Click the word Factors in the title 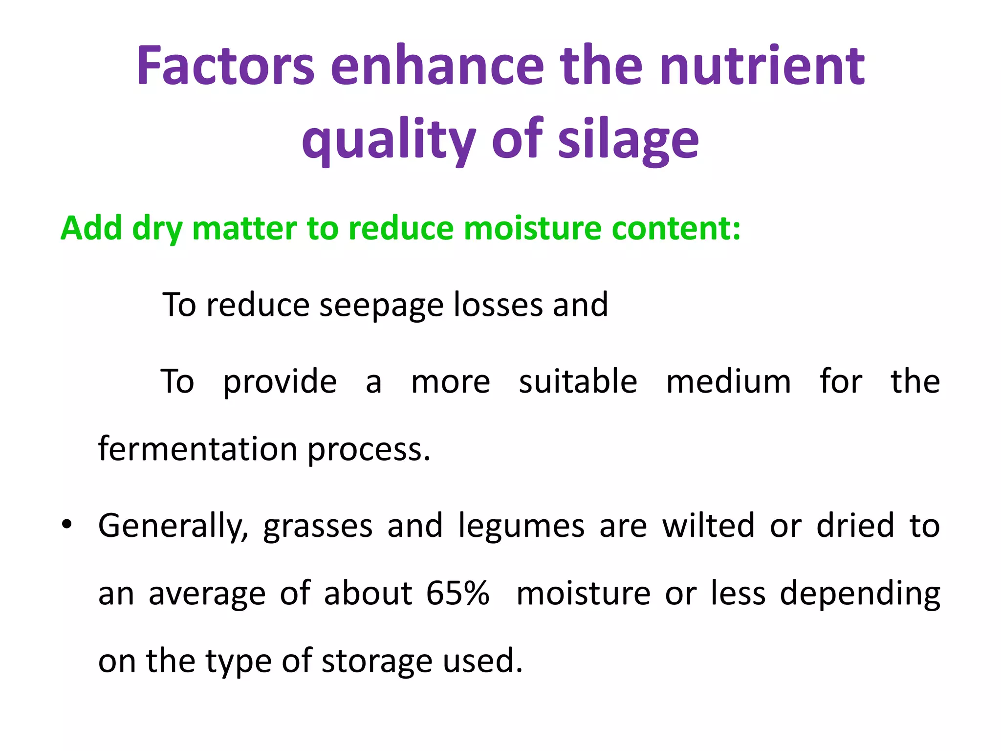[225, 66]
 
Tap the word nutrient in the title [762, 66]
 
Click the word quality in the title [389, 140]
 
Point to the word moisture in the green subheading [533, 228]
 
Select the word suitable [578, 381]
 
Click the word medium [728, 381]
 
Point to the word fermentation [197, 449]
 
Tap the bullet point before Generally [67, 525]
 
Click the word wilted [708, 526]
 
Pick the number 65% [457, 593]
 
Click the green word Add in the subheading [91, 228]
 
